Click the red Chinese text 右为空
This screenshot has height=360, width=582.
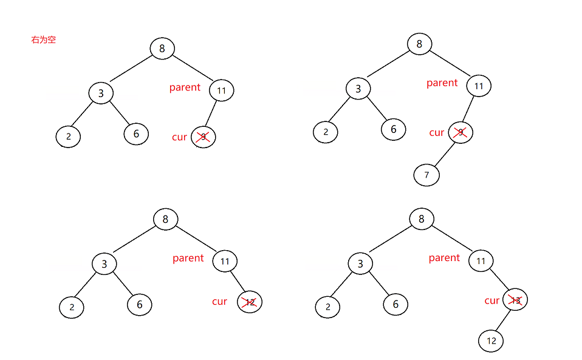click(x=44, y=40)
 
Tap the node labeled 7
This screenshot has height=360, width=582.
click(x=426, y=175)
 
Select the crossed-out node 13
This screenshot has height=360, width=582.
click(x=516, y=300)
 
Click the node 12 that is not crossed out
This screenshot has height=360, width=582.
click(x=491, y=341)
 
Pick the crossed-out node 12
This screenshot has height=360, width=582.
click(x=250, y=302)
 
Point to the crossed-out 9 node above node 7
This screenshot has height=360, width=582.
click(x=460, y=132)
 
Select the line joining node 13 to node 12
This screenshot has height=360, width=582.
click(x=504, y=320)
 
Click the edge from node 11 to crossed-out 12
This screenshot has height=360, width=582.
click(x=238, y=282)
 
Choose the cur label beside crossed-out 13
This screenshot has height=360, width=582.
click(x=491, y=301)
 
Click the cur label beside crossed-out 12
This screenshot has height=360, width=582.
click(x=219, y=301)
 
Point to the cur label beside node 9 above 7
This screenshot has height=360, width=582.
click(x=436, y=132)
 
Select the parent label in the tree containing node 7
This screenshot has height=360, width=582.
click(x=442, y=83)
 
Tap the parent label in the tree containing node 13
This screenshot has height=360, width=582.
click(x=444, y=257)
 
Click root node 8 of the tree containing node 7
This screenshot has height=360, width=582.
click(x=419, y=44)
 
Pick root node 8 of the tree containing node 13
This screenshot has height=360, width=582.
click(x=422, y=219)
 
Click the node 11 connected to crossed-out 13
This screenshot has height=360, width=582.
click(x=481, y=262)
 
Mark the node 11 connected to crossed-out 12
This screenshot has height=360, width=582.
click(x=225, y=262)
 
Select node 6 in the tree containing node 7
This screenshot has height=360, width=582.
click(x=394, y=129)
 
